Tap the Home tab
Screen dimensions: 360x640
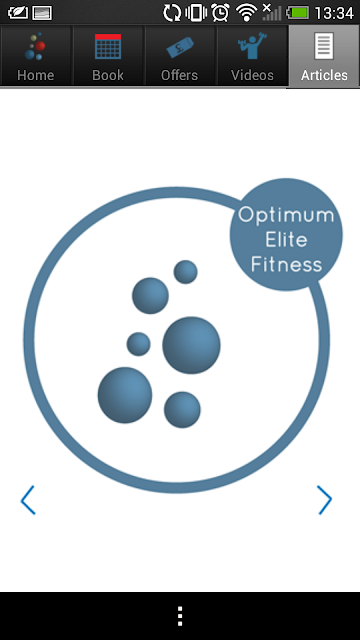pos(36,56)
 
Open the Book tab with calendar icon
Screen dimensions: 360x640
pos(108,56)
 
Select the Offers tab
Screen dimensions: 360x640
pos(180,56)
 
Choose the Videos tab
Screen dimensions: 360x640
pos(252,56)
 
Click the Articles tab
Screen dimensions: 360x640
pos(324,56)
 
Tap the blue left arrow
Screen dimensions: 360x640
pos(28,500)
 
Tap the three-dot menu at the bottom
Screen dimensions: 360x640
pos(180,616)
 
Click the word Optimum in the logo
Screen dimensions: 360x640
pos(286,215)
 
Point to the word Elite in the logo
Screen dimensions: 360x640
pos(286,239)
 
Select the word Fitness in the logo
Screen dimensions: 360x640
pos(286,264)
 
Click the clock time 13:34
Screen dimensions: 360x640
pos(334,13)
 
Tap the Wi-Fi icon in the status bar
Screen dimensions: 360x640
pos(247,13)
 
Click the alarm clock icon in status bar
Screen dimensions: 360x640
pos(220,13)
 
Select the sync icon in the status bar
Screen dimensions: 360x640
pos(172,13)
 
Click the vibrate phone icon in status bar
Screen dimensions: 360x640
pos(196,13)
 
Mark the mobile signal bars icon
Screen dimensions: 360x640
pos(271,12)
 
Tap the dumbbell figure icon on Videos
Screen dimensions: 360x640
pos(252,46)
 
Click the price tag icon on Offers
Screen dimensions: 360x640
pos(180,47)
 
